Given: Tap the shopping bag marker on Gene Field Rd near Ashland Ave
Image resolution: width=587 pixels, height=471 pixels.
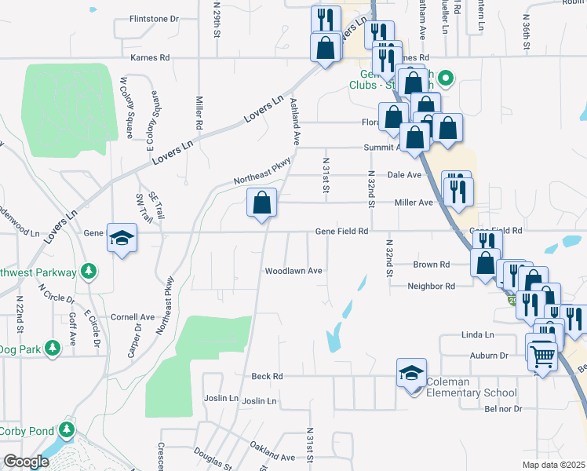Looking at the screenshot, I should coord(262,203).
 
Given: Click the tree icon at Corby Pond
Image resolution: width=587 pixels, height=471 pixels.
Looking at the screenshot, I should coord(67,429).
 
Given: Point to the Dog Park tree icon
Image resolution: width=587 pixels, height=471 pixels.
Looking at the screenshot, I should coord(53,347).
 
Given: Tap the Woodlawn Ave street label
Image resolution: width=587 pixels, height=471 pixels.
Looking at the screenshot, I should coord(293,271).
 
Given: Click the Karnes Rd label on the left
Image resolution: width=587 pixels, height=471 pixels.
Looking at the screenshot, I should coord(150,57).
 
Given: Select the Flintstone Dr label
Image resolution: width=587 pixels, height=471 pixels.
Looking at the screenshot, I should coord(154,18).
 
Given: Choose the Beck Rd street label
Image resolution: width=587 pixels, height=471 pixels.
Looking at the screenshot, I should coord(267,377).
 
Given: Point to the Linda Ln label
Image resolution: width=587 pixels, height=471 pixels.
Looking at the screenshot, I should coord(477,335).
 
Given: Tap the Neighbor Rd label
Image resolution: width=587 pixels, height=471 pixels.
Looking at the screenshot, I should coord(431,287).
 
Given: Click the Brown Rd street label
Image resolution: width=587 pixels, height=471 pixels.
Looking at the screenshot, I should coord(431,265).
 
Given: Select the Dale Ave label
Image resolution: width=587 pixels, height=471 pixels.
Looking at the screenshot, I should coord(404,174).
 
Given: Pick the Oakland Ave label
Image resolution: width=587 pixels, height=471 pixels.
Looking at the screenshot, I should coord(272,457).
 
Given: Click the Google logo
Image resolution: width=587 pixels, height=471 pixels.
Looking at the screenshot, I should coord(26,462).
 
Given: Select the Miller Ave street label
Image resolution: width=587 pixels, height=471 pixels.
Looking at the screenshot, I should coord(414,203).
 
